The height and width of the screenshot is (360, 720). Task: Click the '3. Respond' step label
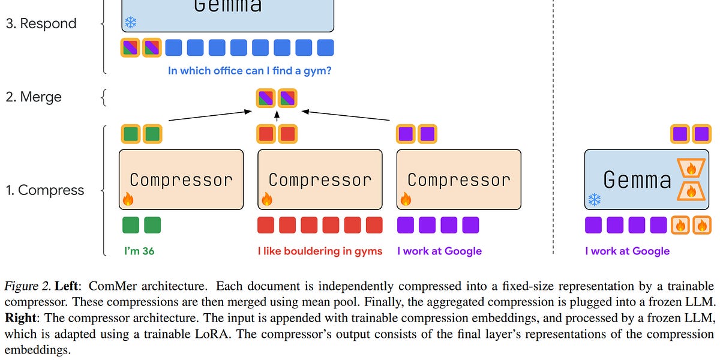tap(41, 24)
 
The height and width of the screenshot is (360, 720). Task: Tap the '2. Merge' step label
tap(34, 97)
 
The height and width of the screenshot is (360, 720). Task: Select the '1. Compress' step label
tap(45, 190)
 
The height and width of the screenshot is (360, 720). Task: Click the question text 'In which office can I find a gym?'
tap(250, 71)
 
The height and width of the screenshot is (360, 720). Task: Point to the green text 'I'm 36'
tap(139, 251)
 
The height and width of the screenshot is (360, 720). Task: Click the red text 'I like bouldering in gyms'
tap(320, 251)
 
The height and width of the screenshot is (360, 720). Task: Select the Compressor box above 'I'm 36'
tap(181, 179)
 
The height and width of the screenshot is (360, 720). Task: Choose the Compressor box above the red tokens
tap(320, 179)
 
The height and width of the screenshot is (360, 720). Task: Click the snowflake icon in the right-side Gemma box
tap(594, 199)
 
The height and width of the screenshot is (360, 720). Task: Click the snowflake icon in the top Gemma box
tap(130, 23)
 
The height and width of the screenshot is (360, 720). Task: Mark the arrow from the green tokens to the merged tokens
tap(210, 116)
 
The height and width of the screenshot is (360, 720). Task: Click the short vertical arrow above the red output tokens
tap(277, 116)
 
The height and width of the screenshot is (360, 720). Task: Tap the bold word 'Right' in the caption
tap(20, 319)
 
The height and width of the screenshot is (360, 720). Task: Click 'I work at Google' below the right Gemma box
tap(627, 251)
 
